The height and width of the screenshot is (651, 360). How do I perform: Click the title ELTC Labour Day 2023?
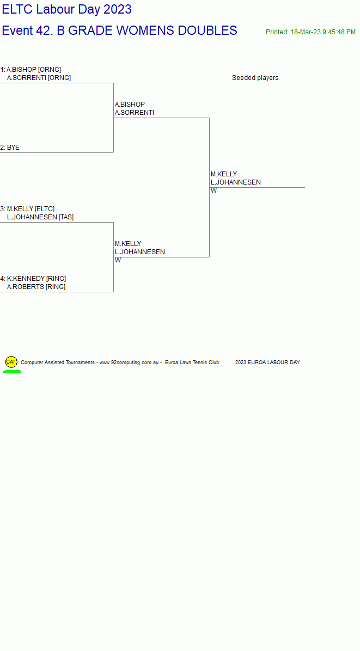pos(67,9)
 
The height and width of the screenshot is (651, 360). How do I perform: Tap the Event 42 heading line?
pos(120,30)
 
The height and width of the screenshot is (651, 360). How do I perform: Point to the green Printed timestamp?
pos(310,32)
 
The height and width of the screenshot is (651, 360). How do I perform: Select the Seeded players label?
pos(255,78)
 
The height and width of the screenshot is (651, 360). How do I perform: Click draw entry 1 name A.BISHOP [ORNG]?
pos(34,69)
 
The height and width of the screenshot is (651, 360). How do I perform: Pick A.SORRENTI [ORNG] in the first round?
pos(39,78)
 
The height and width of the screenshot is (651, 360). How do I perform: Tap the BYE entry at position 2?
pos(13,148)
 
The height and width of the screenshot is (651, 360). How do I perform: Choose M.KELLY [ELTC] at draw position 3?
pos(30,209)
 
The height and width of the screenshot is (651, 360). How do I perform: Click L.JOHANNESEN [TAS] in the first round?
pos(40,217)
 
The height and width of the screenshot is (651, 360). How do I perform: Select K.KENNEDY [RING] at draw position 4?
pos(36,279)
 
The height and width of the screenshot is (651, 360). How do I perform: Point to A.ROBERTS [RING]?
pos(36,287)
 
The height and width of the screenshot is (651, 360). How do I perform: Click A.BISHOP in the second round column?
pos(130,104)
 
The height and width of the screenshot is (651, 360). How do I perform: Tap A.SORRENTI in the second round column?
pos(135,113)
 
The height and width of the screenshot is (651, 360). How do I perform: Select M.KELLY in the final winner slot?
pos(224,174)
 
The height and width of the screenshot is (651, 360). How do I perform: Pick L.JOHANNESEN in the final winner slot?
pos(236,182)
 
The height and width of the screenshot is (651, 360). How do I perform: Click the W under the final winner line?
pos(213,191)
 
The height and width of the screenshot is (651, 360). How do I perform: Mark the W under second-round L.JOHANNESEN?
pos(118,260)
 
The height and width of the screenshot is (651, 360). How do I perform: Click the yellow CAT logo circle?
pos(11,362)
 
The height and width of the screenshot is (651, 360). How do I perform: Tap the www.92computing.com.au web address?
pos(129,363)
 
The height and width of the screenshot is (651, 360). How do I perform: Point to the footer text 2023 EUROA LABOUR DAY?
pos(267,363)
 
